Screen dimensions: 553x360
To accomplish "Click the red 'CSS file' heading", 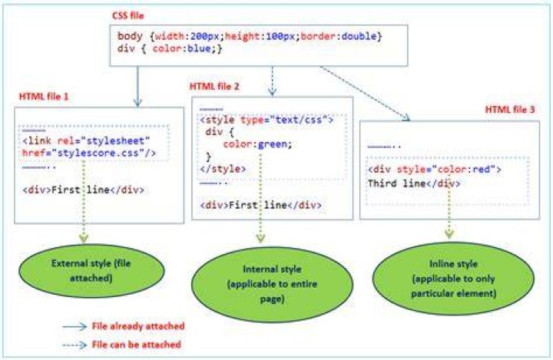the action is [128, 15].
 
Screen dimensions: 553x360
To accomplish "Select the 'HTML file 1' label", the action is [44, 97].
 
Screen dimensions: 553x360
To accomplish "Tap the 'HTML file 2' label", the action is [214, 87].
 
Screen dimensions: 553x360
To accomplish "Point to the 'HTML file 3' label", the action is [510, 110].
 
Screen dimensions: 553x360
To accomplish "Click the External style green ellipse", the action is [91, 271].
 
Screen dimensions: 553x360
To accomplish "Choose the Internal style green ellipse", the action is [272, 284].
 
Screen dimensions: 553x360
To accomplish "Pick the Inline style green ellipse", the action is [454, 279].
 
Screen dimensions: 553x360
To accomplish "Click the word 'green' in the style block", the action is [273, 144].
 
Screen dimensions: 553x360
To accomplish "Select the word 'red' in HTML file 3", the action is [482, 170].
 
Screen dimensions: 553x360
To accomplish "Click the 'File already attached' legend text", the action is [138, 326].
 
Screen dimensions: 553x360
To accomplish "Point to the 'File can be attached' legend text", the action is [137, 345].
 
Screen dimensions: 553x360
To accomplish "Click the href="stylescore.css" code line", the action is [89, 154].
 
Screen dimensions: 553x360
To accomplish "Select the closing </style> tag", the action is [223, 169].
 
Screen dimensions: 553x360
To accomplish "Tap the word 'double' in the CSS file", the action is [359, 36].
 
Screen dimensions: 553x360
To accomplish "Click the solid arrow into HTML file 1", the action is [137, 87].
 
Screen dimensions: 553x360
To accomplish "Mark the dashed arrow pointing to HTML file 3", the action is [366, 94].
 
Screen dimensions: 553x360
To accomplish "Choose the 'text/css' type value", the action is [299, 120].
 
